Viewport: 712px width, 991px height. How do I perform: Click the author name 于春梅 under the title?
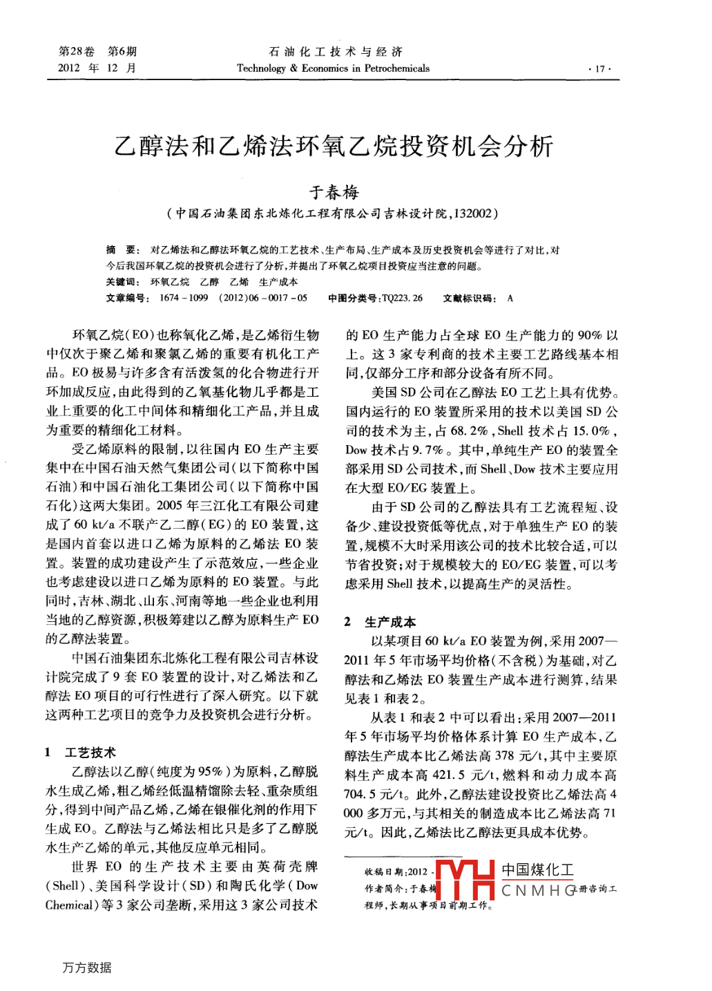tap(334, 192)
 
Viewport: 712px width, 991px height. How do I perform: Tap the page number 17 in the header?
tap(599, 68)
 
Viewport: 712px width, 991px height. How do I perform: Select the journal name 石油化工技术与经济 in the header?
tap(335, 52)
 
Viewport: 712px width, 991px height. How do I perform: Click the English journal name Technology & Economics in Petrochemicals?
tap(333, 68)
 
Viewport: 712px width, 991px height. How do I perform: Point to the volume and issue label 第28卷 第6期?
tap(97, 52)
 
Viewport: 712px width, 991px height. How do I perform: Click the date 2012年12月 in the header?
tap(97, 68)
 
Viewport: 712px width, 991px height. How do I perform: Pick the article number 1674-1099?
tap(183, 298)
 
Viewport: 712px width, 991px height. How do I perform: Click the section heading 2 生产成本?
tap(380, 621)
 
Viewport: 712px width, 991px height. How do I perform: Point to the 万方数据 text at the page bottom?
tap(87, 968)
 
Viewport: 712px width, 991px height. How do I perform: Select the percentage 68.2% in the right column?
tap(470, 431)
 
